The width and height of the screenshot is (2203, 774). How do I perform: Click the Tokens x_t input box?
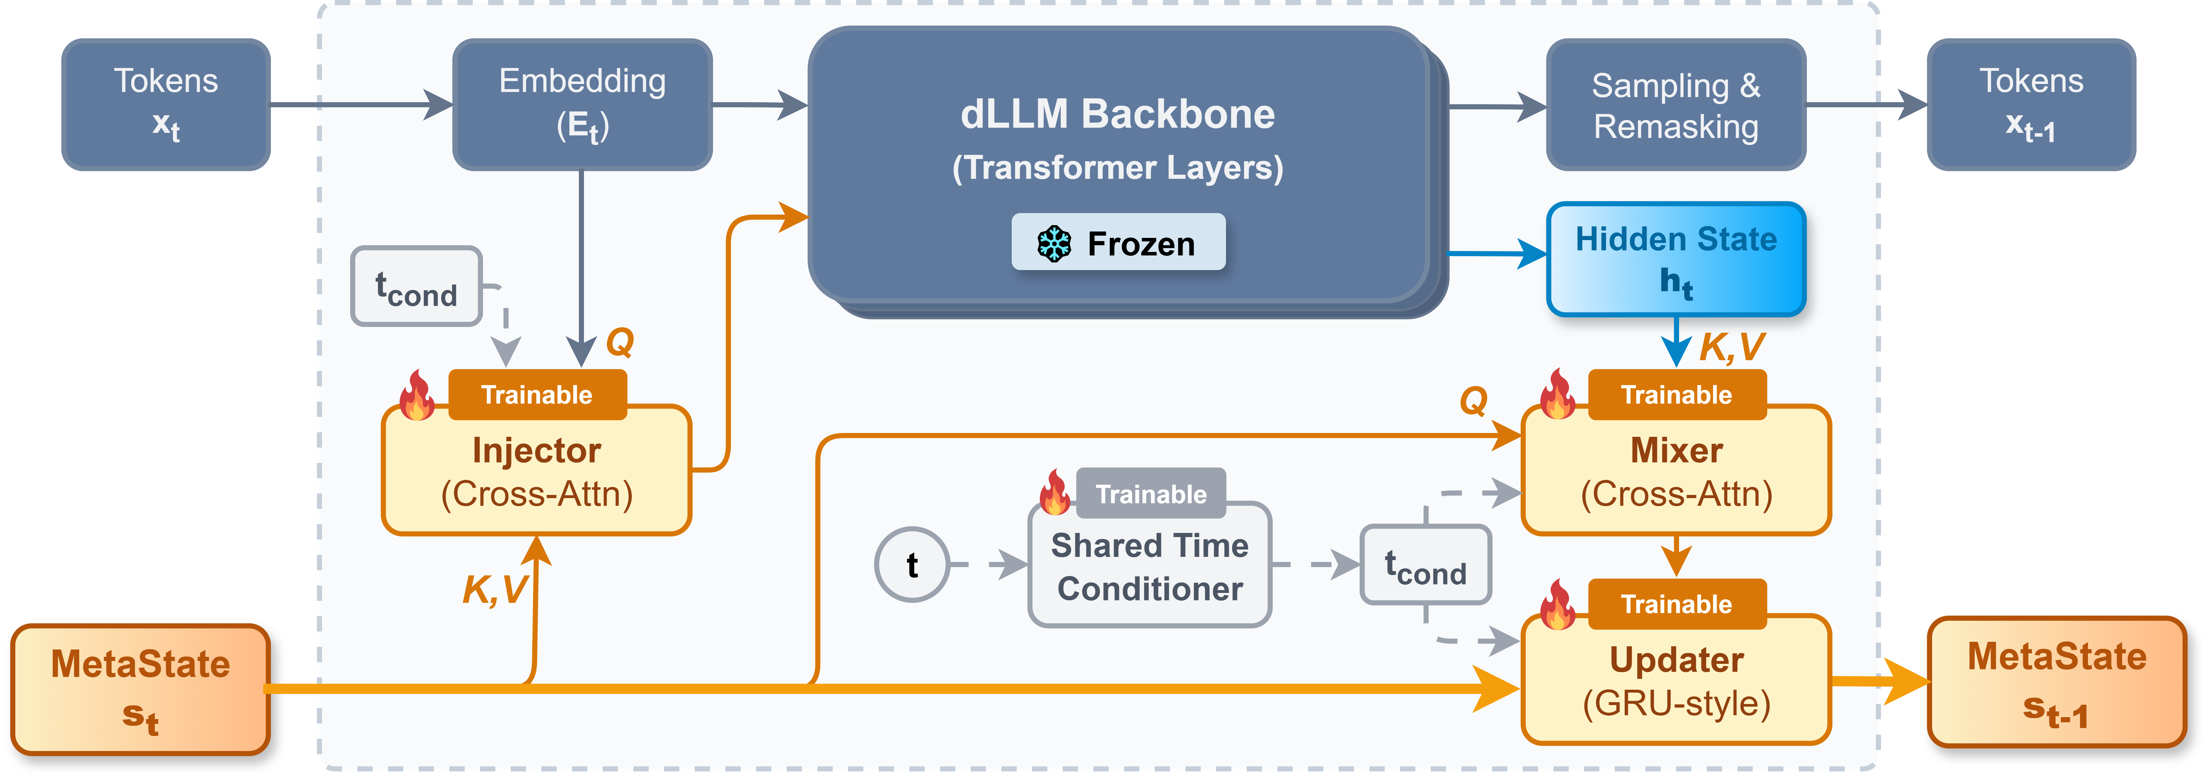(166, 104)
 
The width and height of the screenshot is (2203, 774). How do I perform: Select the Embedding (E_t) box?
(582, 104)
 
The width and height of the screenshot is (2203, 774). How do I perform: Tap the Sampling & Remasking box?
(1676, 104)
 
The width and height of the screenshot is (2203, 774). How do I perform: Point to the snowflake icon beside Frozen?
(1055, 244)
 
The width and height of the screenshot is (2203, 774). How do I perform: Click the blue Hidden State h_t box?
(1676, 259)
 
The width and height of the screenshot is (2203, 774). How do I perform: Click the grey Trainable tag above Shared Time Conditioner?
(1151, 493)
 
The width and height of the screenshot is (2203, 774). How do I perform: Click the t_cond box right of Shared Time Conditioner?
(1426, 565)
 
